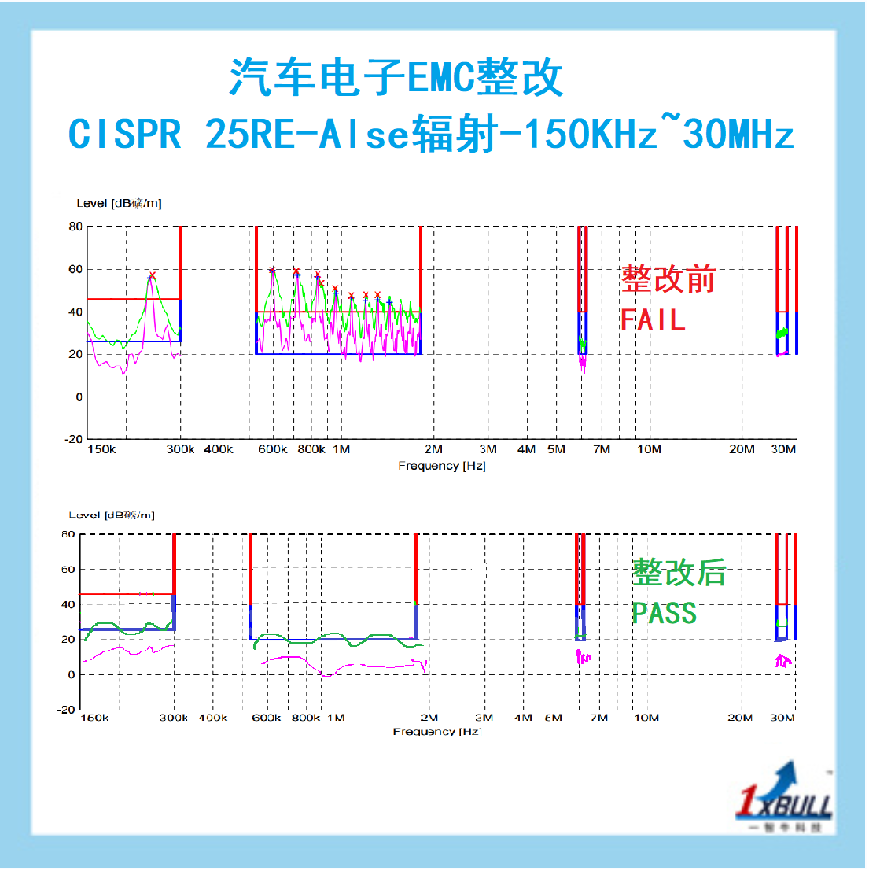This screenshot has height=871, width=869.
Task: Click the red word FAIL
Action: (x=653, y=319)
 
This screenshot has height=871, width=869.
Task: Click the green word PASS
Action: (x=665, y=613)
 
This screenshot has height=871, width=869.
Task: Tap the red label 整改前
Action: (x=668, y=279)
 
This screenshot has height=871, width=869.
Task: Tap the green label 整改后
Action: (x=679, y=573)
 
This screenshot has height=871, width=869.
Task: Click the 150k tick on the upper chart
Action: (x=101, y=449)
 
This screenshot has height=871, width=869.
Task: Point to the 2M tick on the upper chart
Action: (x=433, y=449)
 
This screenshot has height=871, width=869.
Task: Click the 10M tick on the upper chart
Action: (x=649, y=449)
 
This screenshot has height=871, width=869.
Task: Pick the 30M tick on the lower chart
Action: (x=782, y=718)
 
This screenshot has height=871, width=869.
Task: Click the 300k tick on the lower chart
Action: (x=174, y=718)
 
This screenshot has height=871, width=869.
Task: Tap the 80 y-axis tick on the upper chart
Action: (x=75, y=227)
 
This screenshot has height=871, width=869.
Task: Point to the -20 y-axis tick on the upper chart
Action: (x=73, y=439)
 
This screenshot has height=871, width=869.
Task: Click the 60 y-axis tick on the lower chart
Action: (x=68, y=569)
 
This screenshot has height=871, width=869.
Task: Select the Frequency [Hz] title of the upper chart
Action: (x=441, y=466)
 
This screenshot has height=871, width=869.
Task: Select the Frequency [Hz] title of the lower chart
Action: (x=436, y=732)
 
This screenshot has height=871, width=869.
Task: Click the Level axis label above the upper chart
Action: (x=119, y=203)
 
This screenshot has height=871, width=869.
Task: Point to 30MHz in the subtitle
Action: (x=738, y=135)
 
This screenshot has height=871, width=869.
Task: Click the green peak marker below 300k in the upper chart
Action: (x=152, y=276)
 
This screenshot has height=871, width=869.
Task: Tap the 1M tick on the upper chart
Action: (x=341, y=449)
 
